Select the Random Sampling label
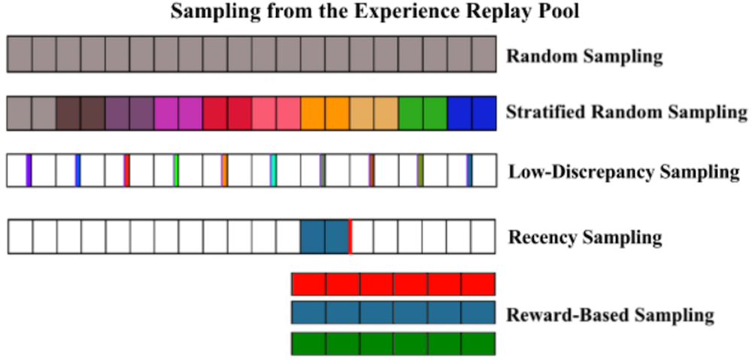[585, 57]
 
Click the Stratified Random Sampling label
[626, 113]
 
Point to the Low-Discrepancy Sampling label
[623, 171]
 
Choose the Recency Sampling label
[585, 237]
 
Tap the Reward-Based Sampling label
[611, 316]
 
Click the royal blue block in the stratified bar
[472, 113]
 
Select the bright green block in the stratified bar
[423, 113]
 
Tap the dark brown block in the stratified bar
[80, 113]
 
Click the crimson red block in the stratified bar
[227, 113]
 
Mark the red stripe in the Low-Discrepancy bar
[126, 170]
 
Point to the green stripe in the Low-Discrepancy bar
[176, 170]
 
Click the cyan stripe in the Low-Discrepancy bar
[273, 170]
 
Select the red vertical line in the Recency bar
[350, 236]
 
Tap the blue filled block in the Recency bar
[324, 236]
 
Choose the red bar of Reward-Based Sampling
[393, 284]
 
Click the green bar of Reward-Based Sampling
[393, 343]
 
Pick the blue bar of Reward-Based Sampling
[393, 313]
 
